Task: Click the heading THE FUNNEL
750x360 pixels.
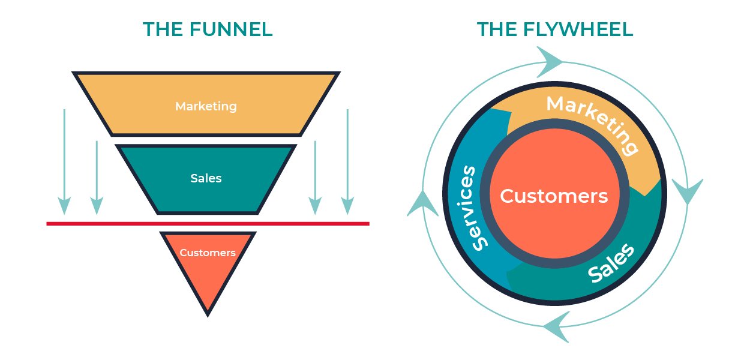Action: point(208,29)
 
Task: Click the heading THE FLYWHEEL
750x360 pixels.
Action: point(554,29)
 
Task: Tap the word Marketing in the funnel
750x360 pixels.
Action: point(206,106)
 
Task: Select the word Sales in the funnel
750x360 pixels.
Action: point(206,178)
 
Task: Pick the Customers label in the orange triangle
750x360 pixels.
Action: point(208,253)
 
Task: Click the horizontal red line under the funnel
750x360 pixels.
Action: point(208,224)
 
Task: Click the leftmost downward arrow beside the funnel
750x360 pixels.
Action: point(65,162)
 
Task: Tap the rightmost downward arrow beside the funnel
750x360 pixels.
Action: point(347,162)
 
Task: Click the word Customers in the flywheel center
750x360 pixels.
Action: point(553,196)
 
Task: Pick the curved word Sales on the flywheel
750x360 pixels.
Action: point(611,263)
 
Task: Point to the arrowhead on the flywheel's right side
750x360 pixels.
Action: point(686,191)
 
